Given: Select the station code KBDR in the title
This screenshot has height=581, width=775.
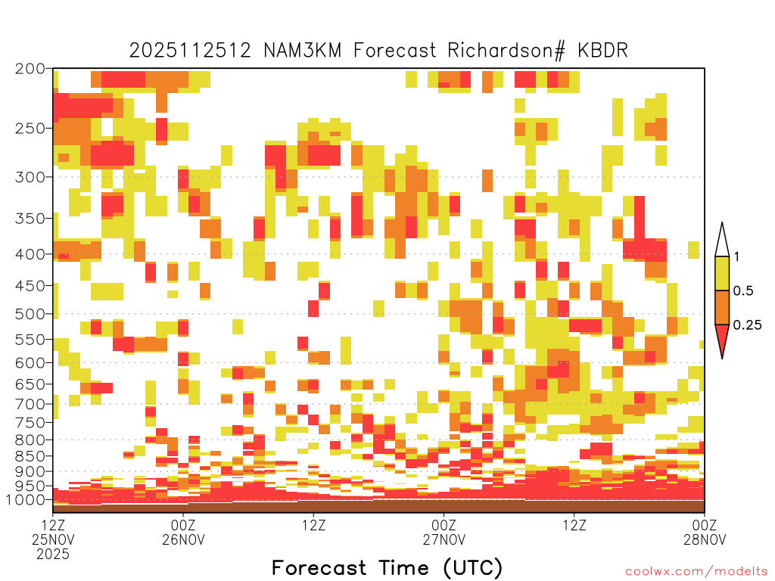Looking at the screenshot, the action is click(602, 51).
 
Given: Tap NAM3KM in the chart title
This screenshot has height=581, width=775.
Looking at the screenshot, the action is click(303, 51).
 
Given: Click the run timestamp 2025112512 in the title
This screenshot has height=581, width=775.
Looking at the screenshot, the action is click(190, 51).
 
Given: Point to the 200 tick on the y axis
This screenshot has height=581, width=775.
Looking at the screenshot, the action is click(30, 69).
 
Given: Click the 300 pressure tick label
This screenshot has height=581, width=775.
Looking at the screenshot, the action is click(30, 177).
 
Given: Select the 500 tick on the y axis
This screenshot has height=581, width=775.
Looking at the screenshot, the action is click(30, 314).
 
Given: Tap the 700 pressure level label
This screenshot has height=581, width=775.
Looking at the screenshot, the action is click(30, 404).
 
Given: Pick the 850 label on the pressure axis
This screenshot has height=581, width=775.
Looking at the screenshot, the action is click(30, 456).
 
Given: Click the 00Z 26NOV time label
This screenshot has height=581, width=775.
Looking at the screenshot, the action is click(183, 532).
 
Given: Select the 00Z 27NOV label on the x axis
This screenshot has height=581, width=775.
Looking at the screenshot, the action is click(444, 532).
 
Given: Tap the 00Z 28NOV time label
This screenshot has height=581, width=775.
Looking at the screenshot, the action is click(705, 532).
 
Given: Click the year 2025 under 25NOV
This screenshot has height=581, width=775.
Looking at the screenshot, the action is click(53, 555).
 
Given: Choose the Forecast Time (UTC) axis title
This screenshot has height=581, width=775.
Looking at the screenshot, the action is click(387, 568).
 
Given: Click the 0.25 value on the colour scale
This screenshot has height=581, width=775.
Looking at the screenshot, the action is click(747, 325).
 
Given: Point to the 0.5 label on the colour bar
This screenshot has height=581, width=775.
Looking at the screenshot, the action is click(743, 290).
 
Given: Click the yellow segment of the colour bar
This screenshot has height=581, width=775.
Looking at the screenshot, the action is click(722, 273).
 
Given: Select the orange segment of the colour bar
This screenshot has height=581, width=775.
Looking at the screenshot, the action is click(722, 307).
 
